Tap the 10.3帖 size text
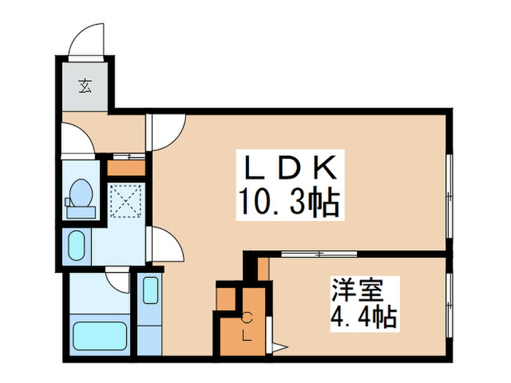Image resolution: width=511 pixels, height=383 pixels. [x=288, y=202]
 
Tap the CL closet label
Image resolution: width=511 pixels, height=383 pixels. [x=247, y=326]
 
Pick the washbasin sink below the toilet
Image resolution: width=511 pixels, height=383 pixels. [x=76, y=245]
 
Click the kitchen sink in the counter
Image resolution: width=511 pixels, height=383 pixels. [x=150, y=290]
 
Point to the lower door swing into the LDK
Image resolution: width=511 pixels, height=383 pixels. [x=166, y=242]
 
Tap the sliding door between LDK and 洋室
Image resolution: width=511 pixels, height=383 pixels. [x=319, y=254]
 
